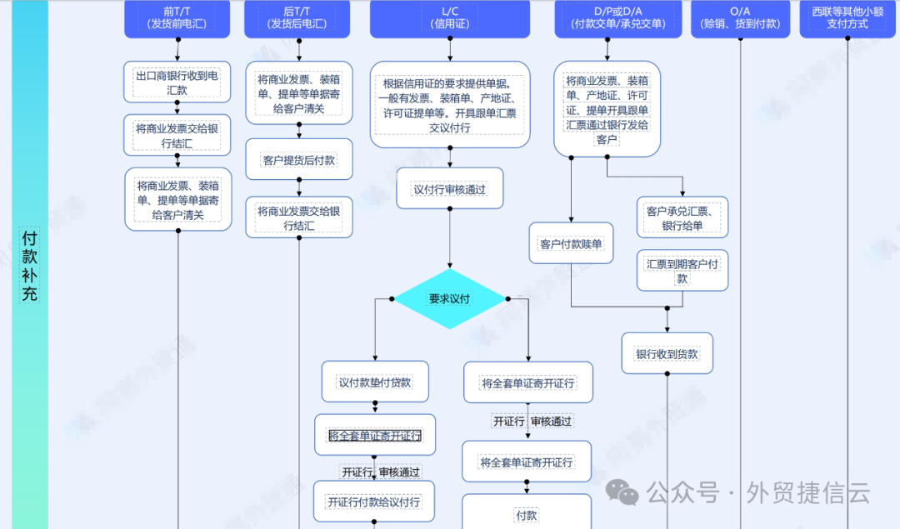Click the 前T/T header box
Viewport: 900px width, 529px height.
pos(177,17)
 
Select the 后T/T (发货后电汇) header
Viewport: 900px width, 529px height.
pos(297,17)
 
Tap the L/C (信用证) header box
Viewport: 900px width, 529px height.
pos(450,17)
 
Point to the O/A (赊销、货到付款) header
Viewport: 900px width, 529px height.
pos(740,17)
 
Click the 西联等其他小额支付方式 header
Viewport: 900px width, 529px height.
pos(847,17)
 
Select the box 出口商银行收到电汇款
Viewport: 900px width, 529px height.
pos(177,82)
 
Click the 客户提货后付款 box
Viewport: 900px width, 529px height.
pos(298,160)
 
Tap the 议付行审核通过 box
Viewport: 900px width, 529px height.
pos(449,189)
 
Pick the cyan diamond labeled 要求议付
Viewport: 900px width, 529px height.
pos(450,299)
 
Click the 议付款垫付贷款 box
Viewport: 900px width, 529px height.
pos(375,382)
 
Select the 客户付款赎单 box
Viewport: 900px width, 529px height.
pos(571,244)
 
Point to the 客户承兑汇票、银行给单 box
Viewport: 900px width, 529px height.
pos(682,218)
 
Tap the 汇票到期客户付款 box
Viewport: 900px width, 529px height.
pos(682,271)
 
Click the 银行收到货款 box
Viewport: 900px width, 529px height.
pos(667,354)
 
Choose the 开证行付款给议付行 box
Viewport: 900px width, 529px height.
pos(374,502)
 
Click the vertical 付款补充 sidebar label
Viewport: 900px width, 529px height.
pos(30,265)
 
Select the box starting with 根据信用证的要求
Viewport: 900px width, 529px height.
pos(450,105)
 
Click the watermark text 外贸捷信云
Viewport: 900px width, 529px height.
pos(809,493)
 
